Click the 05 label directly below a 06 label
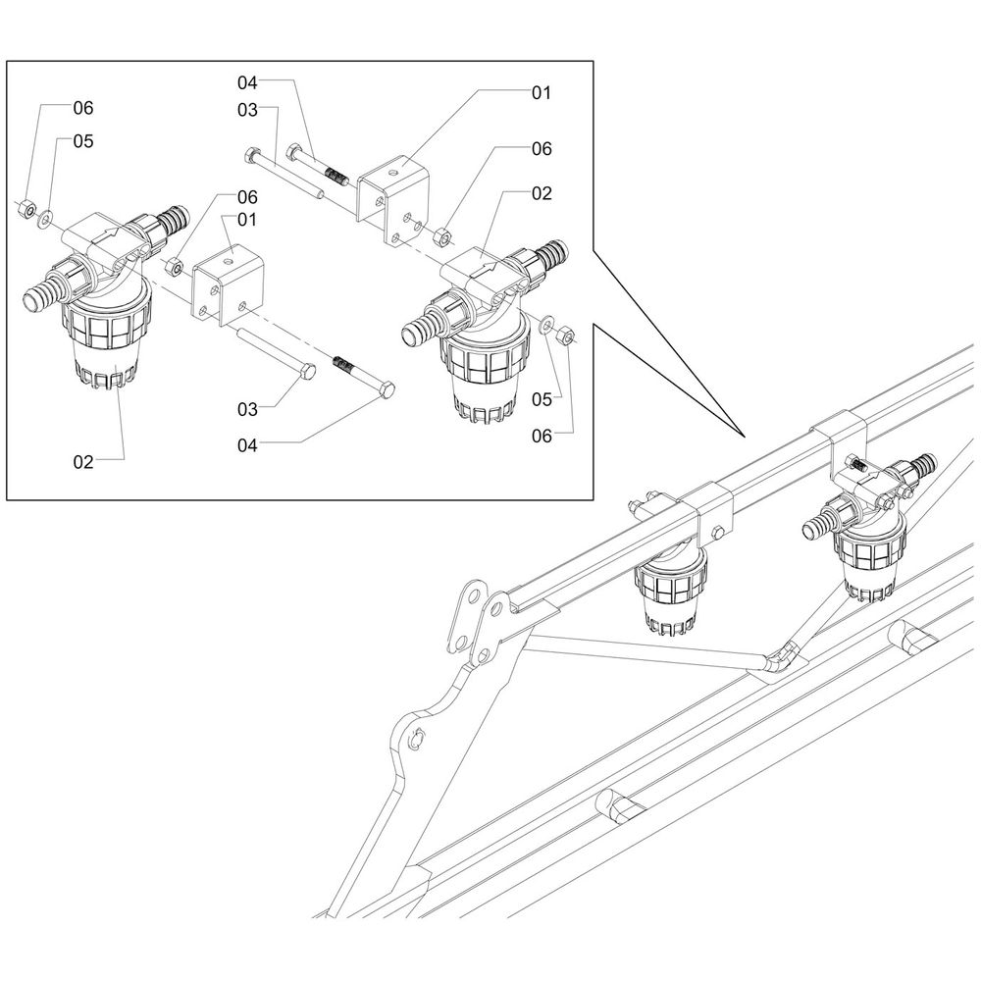pos(82,142)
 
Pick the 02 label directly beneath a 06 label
pos(542,193)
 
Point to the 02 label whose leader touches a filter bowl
pos(82,460)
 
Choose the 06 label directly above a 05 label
pos(82,108)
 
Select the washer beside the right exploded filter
pos(545,323)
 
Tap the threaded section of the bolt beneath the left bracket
pos(343,365)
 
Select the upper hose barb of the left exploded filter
pos(173,219)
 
